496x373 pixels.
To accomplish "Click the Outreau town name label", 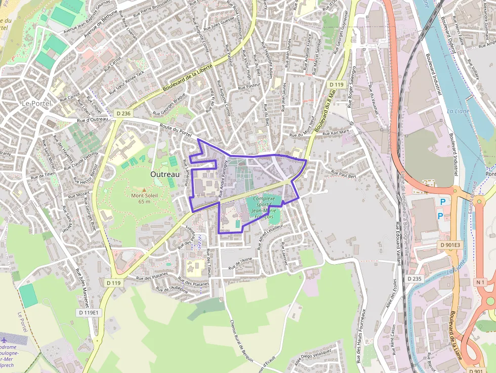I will point(165,174).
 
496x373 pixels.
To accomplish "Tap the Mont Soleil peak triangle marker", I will point(144,189).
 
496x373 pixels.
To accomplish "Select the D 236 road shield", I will point(122,113).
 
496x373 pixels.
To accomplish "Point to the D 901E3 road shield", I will point(450,245).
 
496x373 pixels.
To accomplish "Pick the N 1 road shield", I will point(480,282).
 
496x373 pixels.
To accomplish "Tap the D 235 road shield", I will point(414,278).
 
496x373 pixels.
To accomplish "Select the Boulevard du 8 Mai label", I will point(325,112).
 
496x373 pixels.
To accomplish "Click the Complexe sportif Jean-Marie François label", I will point(263,208).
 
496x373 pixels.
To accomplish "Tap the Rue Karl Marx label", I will point(336,133).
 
